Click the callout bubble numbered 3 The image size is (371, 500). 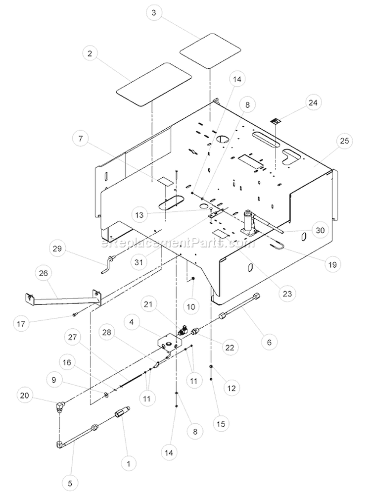(154, 13)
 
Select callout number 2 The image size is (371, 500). (90, 53)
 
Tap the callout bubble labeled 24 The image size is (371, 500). (313, 102)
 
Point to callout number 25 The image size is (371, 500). (345, 141)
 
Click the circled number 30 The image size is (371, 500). (320, 230)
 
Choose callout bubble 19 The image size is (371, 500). (332, 264)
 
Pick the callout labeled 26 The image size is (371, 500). (44, 273)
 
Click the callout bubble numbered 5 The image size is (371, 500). (70, 484)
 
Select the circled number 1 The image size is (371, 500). (129, 464)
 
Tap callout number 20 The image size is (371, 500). (25, 396)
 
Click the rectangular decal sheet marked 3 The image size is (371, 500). (210, 50)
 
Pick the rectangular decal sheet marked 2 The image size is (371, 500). (154, 84)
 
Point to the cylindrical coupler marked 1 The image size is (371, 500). (122, 413)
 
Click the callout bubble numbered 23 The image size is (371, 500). (287, 294)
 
